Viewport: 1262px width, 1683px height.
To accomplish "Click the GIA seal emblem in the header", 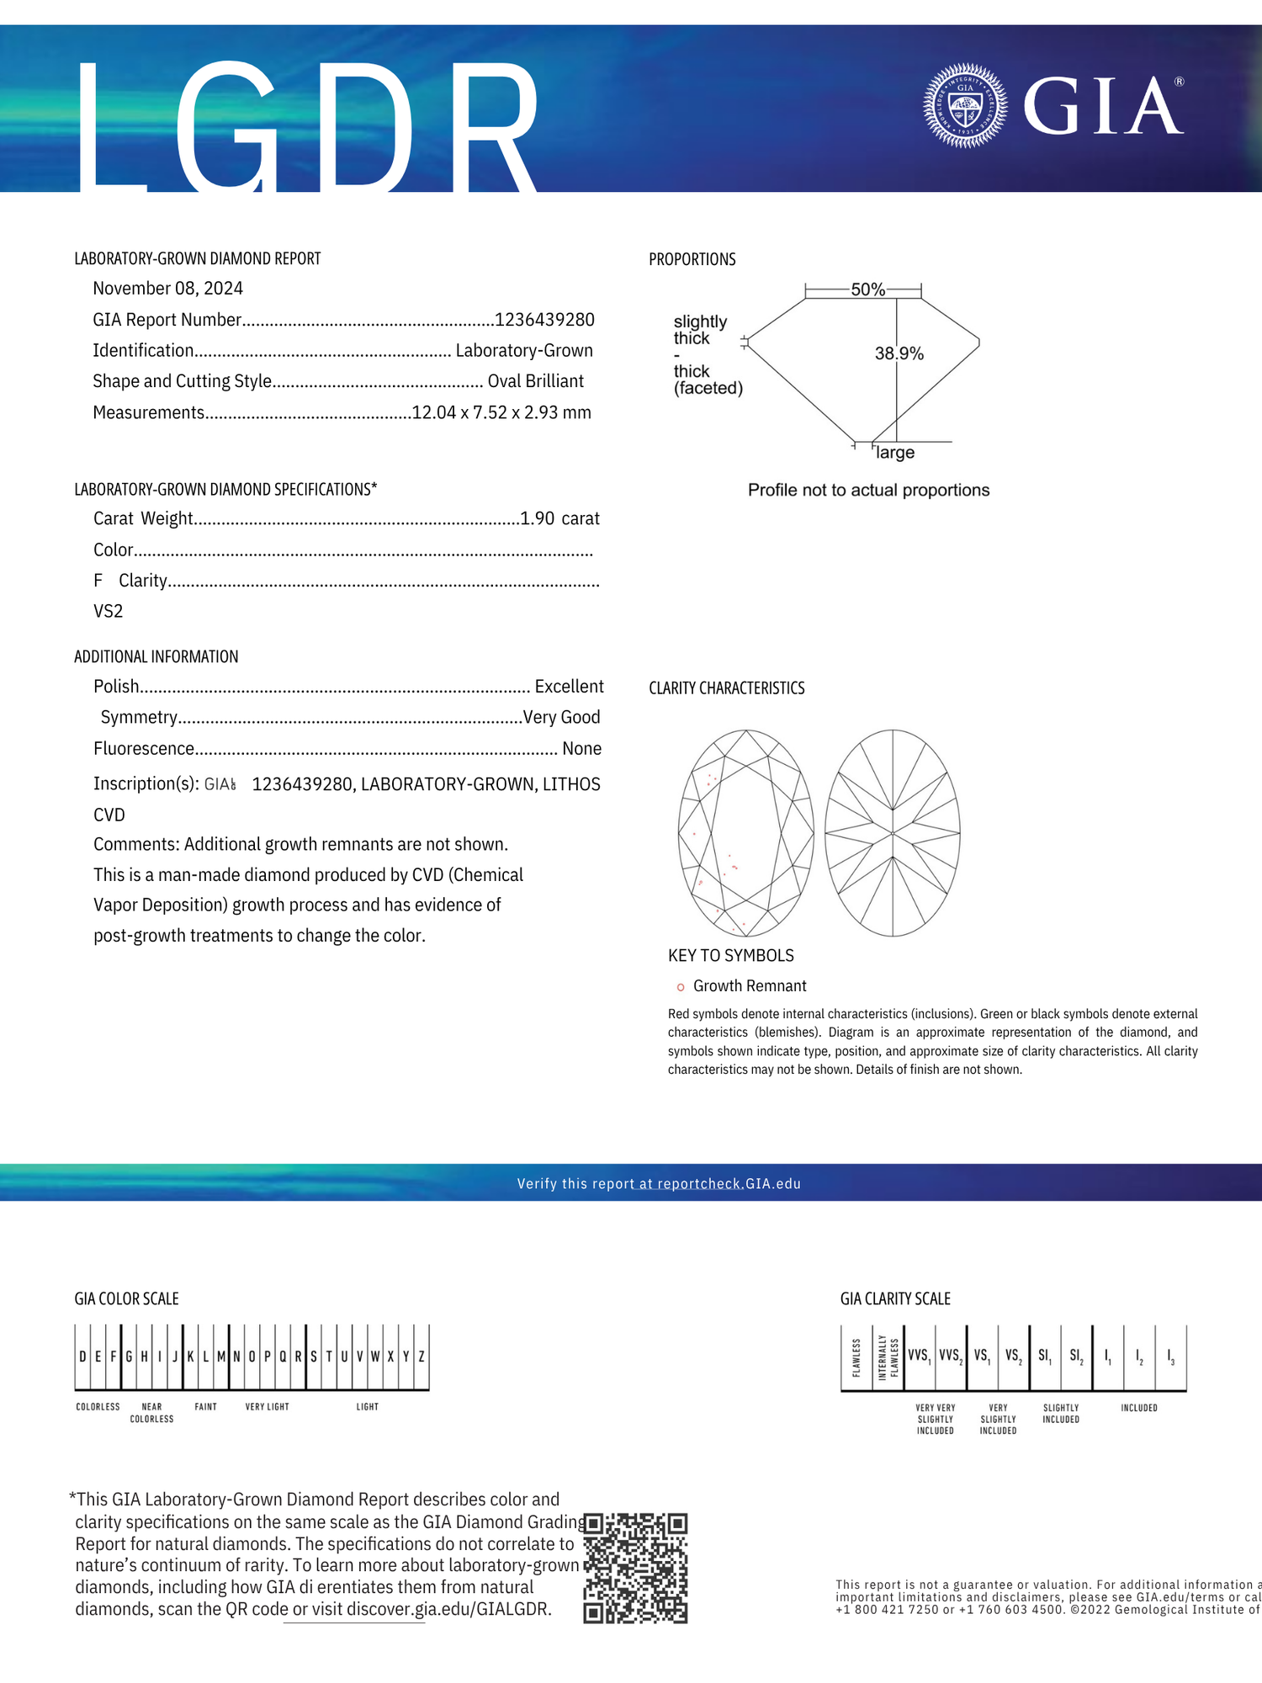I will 965,106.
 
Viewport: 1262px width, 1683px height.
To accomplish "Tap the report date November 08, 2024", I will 168,289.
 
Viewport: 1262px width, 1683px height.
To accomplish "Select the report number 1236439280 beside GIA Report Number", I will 544,320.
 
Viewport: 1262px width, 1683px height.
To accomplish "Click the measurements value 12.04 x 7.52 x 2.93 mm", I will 501,412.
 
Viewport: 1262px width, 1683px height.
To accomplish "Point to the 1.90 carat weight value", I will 559,518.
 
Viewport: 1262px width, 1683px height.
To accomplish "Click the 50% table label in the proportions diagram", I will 867,290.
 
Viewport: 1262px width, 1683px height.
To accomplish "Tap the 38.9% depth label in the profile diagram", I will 899,353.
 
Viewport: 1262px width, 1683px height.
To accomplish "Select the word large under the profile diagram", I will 895,453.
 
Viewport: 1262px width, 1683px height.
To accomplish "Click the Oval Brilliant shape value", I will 536,381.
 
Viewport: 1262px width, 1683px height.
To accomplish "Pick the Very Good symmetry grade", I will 562,717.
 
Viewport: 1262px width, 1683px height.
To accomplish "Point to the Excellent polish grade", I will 570,687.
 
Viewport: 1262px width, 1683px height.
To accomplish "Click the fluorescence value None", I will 582,749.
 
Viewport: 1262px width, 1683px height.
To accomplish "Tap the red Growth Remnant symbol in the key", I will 681,987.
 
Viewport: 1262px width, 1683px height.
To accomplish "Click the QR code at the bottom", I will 635,1569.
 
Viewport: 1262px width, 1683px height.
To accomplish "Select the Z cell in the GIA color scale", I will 422,1356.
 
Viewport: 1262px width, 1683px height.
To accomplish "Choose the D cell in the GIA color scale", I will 82,1356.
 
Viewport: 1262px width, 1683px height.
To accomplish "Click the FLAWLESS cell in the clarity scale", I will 856,1357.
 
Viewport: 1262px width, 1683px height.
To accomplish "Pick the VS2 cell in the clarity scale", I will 1013,1356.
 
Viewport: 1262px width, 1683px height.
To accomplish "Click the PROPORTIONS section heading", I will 692,259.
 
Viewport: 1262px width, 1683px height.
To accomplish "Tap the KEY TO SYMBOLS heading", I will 730,955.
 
